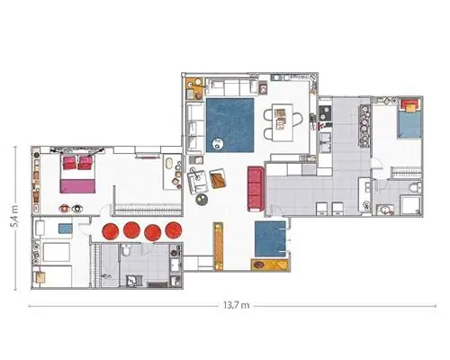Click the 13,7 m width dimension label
coord(236,305)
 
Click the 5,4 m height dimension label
coord(14,217)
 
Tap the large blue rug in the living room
coord(230,125)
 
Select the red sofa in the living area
coord(256,189)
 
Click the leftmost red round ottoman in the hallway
coord(111,230)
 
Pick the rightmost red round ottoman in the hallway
coord(174,230)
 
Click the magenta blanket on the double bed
coord(78,186)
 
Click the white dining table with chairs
coord(283,122)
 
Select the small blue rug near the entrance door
coord(270,238)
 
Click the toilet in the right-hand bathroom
coord(415,188)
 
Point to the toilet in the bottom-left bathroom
coord(127,250)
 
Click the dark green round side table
coord(202,200)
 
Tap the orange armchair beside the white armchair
coord(218,178)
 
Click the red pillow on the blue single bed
coord(409,105)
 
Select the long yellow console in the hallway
coord(218,246)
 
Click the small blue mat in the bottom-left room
coord(65,229)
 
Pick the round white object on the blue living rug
coord(218,144)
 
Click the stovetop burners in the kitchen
coord(325,112)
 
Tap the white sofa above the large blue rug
coord(231,87)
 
